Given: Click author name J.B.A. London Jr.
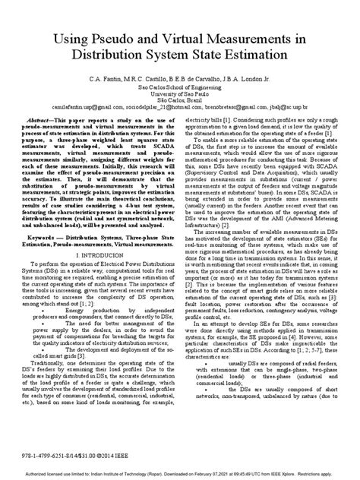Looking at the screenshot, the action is (231, 101).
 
